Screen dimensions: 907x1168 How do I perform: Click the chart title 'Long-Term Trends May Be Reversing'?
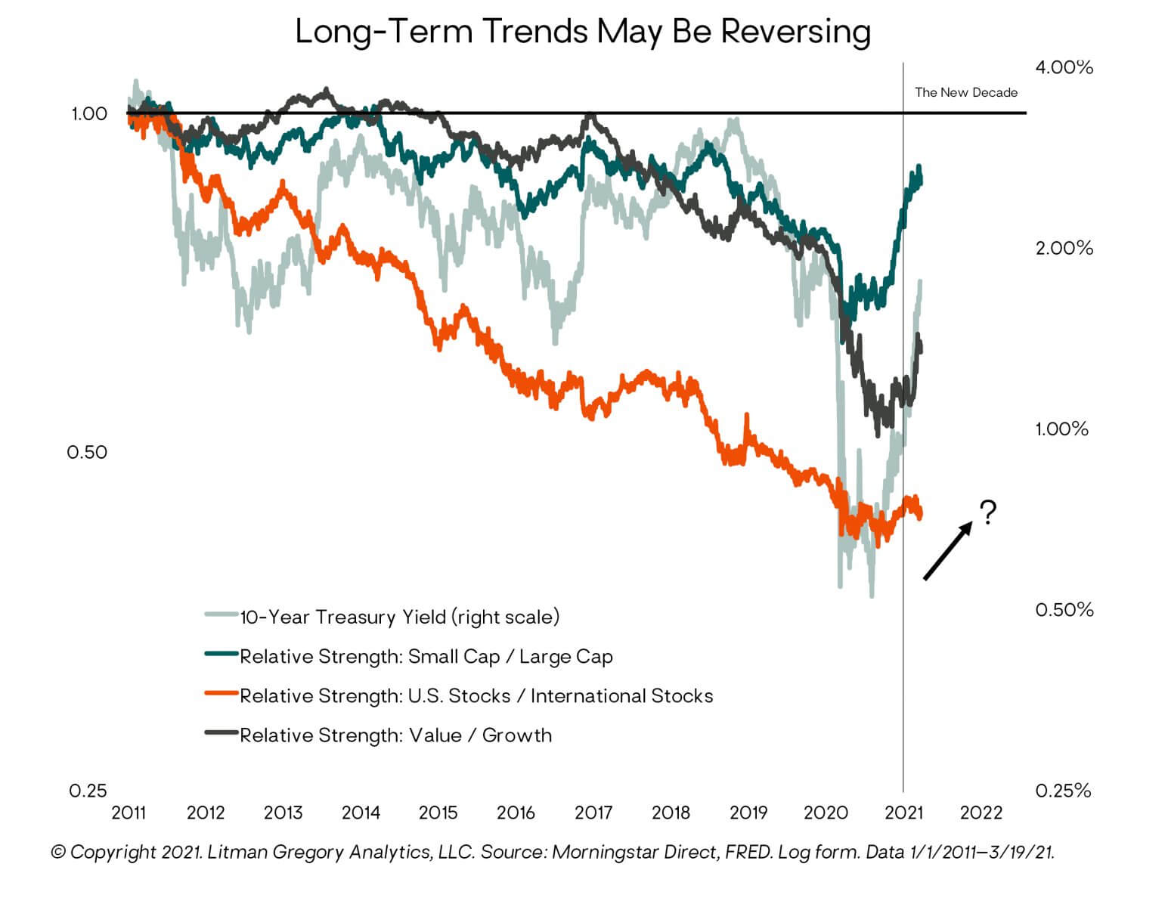click(x=583, y=32)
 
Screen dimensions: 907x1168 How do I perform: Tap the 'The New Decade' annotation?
click(x=965, y=92)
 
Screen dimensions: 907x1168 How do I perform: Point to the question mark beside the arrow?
click(x=987, y=512)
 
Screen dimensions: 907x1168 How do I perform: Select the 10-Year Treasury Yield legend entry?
click(x=399, y=617)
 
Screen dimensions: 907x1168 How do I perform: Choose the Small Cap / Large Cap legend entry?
click(x=426, y=656)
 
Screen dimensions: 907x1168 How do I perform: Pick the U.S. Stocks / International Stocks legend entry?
click(x=476, y=695)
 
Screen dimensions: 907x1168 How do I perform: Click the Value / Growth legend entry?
click(x=395, y=735)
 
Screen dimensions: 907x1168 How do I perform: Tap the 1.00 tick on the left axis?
click(x=89, y=113)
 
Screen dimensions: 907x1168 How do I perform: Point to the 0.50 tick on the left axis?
click(x=87, y=452)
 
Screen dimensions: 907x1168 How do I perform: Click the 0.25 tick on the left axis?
click(x=88, y=791)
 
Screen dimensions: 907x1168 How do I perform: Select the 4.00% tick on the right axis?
click(x=1064, y=67)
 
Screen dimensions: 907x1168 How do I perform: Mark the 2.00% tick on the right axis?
click(x=1064, y=248)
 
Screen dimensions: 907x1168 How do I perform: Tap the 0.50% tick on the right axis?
click(x=1064, y=609)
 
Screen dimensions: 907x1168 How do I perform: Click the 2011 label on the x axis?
click(x=129, y=813)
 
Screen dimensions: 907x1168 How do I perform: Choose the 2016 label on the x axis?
click(x=516, y=813)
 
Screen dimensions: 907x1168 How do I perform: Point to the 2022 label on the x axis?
click(x=981, y=813)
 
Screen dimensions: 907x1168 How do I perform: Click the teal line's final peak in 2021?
click(x=919, y=167)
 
